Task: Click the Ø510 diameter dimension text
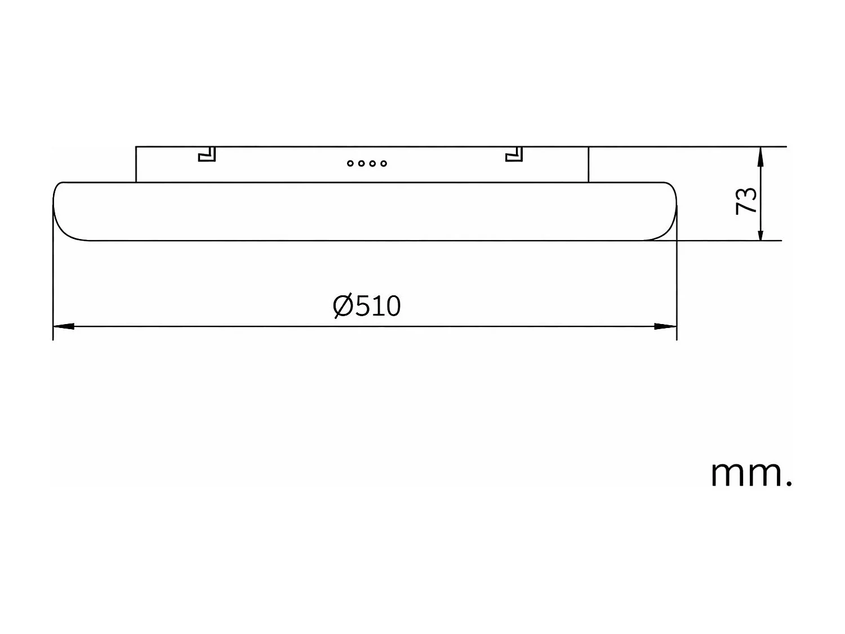point(367,306)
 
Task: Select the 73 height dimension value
point(746,201)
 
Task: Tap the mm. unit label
point(751,473)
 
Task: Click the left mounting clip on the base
point(207,154)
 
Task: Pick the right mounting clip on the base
point(514,154)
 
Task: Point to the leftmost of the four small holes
point(350,163)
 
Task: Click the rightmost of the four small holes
point(384,163)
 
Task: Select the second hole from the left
point(361,163)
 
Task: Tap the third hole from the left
point(372,163)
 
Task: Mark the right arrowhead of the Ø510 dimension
point(666,326)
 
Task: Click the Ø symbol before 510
point(343,306)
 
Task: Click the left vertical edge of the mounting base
point(136,165)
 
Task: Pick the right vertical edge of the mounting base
point(588,165)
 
